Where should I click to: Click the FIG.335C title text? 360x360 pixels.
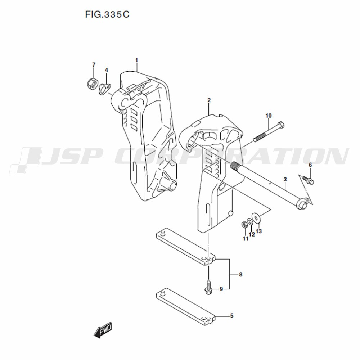107,14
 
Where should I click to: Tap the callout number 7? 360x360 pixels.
94,65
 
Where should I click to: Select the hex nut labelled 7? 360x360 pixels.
93,84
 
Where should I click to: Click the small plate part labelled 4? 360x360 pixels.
105,89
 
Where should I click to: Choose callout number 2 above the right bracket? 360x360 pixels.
209,100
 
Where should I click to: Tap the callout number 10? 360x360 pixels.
269,116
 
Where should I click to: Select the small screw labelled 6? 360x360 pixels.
308,180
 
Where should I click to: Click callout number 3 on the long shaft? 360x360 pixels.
285,179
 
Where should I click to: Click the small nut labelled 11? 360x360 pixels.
245,225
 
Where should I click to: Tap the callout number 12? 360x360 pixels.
252,234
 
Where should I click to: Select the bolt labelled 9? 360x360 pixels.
208,287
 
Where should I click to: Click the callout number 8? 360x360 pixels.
240,274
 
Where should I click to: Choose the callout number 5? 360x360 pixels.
231,316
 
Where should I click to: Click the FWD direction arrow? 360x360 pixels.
103,330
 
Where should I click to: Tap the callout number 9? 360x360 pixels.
221,289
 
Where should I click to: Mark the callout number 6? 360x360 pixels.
310,165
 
